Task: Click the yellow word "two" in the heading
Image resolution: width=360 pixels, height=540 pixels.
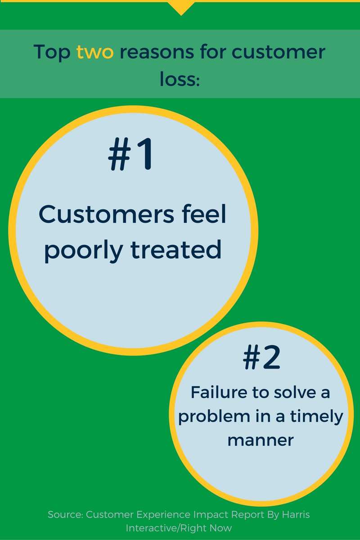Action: click(x=95, y=53)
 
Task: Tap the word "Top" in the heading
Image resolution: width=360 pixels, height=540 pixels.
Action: click(x=52, y=53)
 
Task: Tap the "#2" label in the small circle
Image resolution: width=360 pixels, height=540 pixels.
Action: click(x=261, y=358)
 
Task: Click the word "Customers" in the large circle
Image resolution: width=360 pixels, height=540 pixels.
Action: click(x=106, y=215)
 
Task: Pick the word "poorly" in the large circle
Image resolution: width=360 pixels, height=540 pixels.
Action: click(x=83, y=250)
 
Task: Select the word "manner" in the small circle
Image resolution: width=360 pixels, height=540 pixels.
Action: click(x=261, y=439)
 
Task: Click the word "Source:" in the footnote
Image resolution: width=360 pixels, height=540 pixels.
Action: click(x=66, y=514)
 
